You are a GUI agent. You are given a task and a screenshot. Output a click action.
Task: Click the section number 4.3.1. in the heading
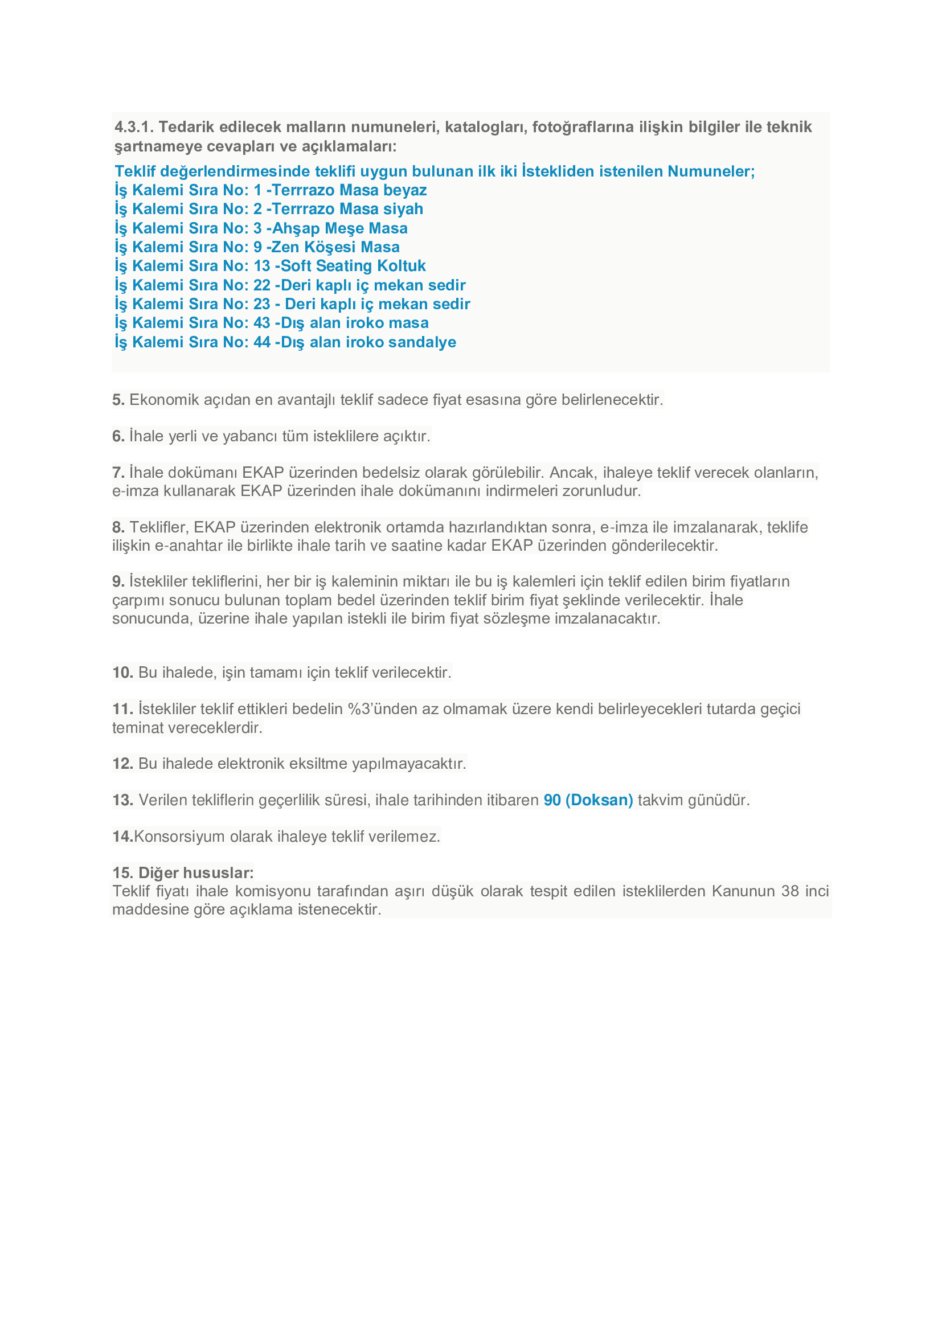click(133, 127)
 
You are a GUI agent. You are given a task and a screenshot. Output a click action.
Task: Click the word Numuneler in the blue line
click(711, 171)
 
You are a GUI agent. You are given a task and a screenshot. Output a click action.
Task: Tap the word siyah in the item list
click(403, 209)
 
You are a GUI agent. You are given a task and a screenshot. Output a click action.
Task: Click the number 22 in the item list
click(261, 285)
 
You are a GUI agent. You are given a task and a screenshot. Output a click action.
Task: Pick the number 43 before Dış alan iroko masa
click(261, 323)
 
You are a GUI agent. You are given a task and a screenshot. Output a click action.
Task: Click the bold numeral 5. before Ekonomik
click(118, 400)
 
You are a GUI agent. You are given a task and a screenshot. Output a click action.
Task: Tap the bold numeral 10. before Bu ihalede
click(122, 673)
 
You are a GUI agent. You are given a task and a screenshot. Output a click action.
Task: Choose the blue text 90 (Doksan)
click(588, 800)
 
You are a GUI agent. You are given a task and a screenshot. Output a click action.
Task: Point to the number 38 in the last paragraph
click(789, 891)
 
